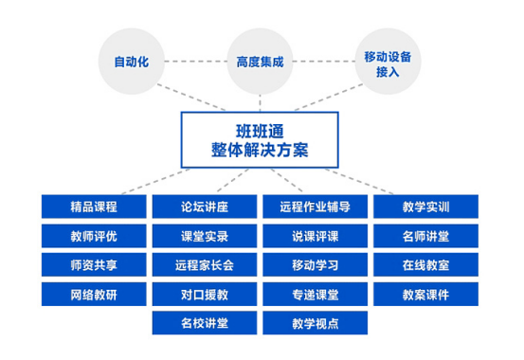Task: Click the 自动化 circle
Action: [x=132, y=63]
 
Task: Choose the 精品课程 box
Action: [x=93, y=207]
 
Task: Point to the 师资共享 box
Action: [x=93, y=264]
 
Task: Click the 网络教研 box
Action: [x=93, y=294]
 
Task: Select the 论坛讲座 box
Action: [x=204, y=207]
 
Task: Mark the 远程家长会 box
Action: [x=204, y=264]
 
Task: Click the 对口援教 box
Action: [x=204, y=294]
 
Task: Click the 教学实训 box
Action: [x=426, y=207]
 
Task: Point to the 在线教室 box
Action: [x=426, y=264]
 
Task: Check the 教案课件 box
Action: [x=426, y=294]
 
